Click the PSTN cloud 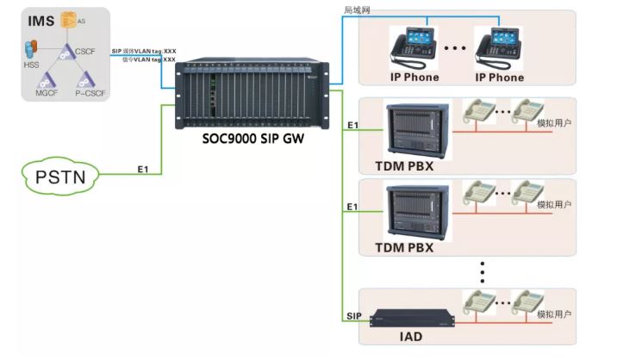[x=59, y=179]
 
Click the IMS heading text [x=41, y=20]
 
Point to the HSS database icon [x=31, y=47]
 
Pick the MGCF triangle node [x=45, y=80]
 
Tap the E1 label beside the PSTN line [x=144, y=170]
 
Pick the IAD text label [x=412, y=336]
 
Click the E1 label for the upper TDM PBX [x=352, y=126]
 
